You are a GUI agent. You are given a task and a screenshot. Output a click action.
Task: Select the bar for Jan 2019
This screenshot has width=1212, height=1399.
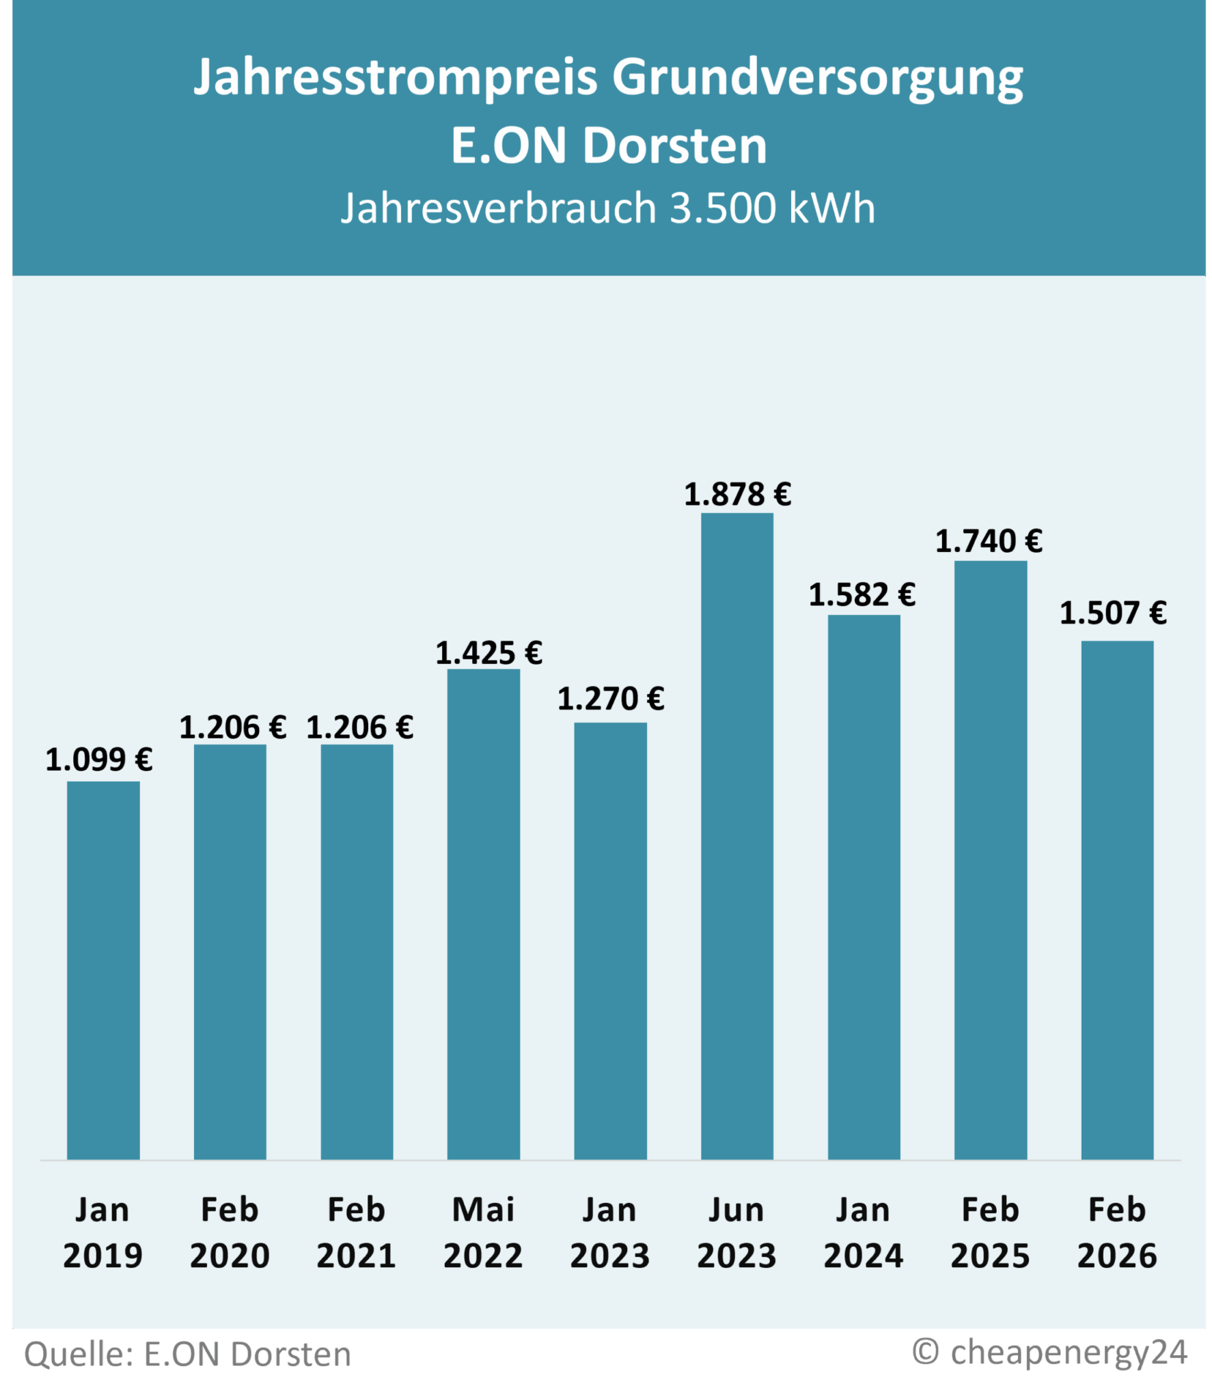pos(103,970)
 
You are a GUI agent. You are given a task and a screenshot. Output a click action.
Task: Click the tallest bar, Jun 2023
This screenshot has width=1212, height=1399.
pos(737,836)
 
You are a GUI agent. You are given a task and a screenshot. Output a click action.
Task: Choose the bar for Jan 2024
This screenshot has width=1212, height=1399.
pos(864,887)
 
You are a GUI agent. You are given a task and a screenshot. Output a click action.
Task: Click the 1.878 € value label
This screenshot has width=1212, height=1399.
pos(737,495)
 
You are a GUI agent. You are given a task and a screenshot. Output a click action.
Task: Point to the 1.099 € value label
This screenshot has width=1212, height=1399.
pos(99,760)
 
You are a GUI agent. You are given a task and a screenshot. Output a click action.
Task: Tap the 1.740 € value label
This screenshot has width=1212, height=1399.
pos(989,542)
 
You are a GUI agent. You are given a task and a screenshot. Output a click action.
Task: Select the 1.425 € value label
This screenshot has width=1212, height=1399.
pos(489,653)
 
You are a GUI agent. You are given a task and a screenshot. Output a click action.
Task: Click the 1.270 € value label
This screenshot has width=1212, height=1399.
pos(611,699)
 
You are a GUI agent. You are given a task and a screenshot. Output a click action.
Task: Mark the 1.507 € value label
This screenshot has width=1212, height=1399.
pos(1113,613)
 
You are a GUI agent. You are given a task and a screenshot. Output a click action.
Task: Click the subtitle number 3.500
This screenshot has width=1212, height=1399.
pos(724,208)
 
